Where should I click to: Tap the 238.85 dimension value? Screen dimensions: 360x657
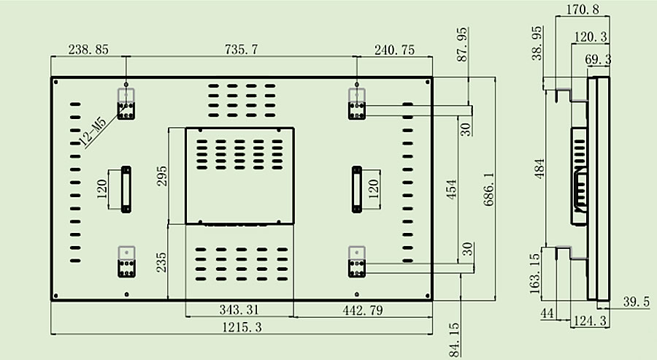[x=88, y=50]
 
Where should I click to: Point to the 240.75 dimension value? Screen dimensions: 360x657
[x=393, y=50]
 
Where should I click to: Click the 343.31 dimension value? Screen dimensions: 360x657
[x=239, y=310]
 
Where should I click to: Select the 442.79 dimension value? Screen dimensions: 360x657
[x=363, y=310]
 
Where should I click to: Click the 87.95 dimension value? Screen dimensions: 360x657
[x=461, y=45]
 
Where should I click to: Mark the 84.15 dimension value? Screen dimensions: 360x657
[x=456, y=340]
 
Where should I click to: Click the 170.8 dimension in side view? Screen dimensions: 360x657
[x=582, y=9]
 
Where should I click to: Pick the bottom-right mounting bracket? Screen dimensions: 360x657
[x=356, y=261]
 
